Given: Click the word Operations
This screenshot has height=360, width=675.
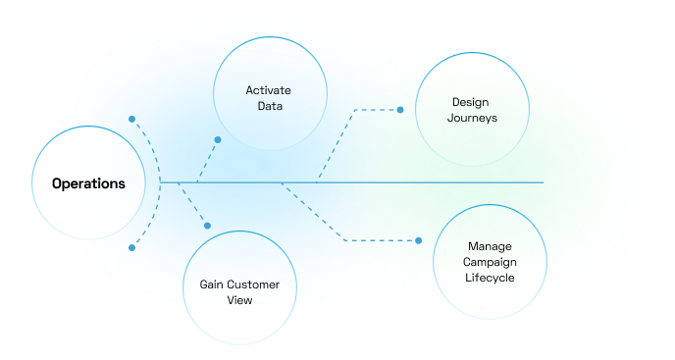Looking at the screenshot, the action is (x=88, y=183).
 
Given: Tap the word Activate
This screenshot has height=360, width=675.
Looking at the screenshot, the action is (x=268, y=90).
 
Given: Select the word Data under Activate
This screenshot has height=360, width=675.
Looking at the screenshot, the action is (x=270, y=106).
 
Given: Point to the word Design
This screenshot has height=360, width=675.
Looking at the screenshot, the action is (x=471, y=102).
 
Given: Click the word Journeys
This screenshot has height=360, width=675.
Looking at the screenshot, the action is (x=472, y=118).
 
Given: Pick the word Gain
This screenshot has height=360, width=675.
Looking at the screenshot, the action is (x=211, y=284).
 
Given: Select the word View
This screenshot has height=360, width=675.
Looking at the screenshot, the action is (x=239, y=300).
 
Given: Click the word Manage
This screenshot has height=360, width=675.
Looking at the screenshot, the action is (x=490, y=247).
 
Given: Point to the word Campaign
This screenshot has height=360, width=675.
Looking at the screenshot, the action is (x=490, y=262).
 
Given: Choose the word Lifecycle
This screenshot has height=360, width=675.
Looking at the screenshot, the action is (x=490, y=278).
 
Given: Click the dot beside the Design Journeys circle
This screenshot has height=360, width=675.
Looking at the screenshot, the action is (x=400, y=110).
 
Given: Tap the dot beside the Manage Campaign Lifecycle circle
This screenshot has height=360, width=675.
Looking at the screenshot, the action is (x=418, y=240).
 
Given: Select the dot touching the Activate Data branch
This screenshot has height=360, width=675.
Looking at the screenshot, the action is (x=218, y=140).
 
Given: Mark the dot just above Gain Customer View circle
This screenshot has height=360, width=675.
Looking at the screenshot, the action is (x=207, y=226).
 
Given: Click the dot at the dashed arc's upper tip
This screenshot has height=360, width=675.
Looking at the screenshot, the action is (x=132, y=120).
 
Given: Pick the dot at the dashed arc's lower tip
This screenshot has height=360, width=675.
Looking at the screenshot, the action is (x=132, y=247).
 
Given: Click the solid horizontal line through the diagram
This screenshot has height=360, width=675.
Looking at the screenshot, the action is (x=351, y=182).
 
